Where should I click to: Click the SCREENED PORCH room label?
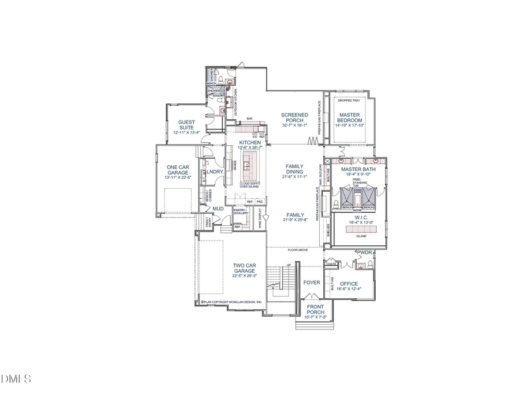click(x=294, y=118)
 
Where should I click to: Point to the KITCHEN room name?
click(x=250, y=143)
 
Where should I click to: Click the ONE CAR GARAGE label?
click(x=177, y=169)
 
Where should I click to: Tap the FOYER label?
click(x=312, y=283)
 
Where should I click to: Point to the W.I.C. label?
click(x=357, y=217)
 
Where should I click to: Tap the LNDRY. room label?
click(x=215, y=172)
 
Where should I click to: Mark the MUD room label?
click(x=217, y=208)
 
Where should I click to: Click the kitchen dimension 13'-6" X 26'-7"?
click(x=250, y=148)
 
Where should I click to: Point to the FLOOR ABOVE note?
click(x=298, y=250)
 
